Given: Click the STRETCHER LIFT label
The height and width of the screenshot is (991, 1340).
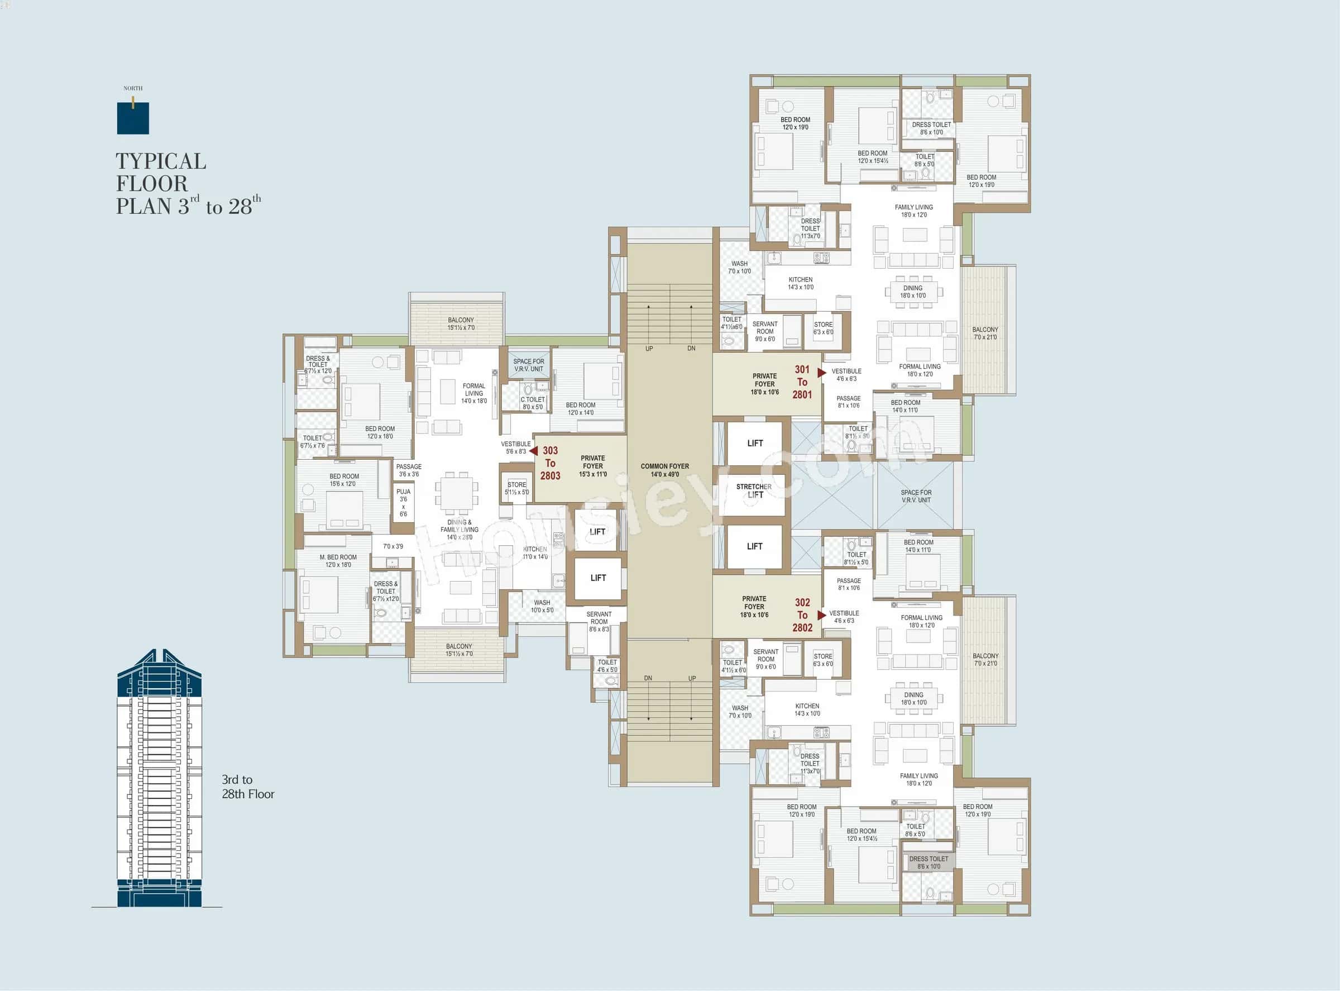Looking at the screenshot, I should click(754, 490).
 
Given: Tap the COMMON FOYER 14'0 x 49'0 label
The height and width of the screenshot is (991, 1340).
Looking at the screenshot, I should click(664, 470).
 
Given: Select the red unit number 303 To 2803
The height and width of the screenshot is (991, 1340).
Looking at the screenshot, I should click(550, 463).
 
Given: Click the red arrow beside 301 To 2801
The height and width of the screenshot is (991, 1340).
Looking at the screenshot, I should click(821, 373).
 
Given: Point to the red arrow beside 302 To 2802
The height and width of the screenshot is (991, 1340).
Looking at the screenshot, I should click(821, 615).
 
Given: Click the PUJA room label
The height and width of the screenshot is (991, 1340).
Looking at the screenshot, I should click(403, 503).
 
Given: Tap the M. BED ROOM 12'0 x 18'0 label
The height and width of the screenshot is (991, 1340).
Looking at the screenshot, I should click(338, 561).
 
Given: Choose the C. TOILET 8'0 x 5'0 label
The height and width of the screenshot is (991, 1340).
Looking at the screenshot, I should click(533, 403).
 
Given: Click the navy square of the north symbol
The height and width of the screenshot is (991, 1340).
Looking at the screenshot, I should click(132, 118).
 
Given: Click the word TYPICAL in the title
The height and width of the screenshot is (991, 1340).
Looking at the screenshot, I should click(161, 161).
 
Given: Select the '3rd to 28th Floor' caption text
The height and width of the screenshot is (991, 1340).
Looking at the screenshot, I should click(247, 787).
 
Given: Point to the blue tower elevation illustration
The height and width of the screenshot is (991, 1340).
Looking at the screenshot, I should click(159, 780).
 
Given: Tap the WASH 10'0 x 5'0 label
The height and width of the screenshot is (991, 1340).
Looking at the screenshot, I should click(542, 606).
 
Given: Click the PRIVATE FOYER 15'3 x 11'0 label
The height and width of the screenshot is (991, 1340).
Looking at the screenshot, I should click(592, 466).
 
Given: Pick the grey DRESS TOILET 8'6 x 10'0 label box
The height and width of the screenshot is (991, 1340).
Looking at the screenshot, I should click(928, 862).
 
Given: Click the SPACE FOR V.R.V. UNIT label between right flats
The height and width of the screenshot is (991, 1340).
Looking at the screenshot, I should click(916, 496).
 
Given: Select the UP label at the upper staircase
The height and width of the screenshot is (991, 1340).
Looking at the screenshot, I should click(649, 349).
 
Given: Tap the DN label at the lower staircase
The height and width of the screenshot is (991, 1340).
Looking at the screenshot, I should click(648, 678).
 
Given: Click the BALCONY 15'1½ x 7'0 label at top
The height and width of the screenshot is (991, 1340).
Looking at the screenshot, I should click(461, 323).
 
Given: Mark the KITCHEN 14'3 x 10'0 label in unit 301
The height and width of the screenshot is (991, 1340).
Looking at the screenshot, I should click(801, 283).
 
